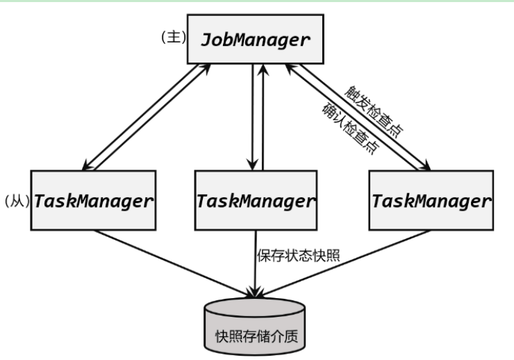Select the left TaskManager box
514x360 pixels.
point(93,201)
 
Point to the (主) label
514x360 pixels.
point(173,36)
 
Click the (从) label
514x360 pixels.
point(15,201)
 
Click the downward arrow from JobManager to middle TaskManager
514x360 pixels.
point(250,118)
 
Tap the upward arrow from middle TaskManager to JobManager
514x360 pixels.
point(262,118)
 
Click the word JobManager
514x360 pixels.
point(256,40)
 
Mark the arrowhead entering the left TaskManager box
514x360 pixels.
point(85,165)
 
